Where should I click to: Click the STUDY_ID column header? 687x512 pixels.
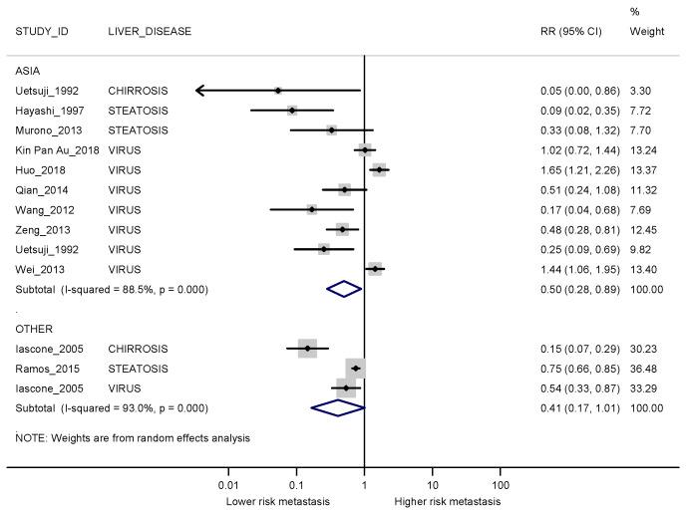tap(40, 31)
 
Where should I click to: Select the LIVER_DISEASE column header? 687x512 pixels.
tap(150, 31)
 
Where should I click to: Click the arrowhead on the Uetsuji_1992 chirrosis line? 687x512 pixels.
tap(200, 91)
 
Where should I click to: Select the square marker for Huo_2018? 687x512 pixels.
tap(379, 169)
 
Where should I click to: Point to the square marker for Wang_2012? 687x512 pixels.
tap(312, 209)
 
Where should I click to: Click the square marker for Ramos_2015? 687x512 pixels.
tap(356, 368)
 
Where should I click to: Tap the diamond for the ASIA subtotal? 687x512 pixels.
tap(344, 288)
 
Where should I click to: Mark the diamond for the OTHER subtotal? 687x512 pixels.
tap(338, 406)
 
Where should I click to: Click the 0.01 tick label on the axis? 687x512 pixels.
tap(229, 483)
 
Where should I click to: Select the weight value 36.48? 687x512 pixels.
tap(646, 368)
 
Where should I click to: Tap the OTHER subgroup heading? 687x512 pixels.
tap(33, 328)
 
